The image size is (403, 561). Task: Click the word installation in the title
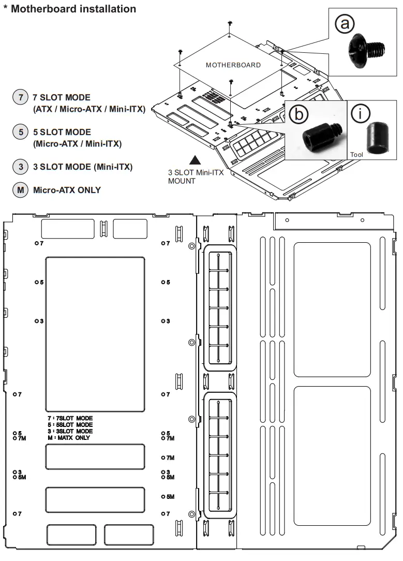[x=106, y=9]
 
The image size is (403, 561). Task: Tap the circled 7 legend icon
[x=21, y=97]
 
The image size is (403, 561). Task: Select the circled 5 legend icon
[x=21, y=132]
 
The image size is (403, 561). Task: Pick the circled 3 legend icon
[x=21, y=167]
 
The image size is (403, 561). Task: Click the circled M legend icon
[x=21, y=190]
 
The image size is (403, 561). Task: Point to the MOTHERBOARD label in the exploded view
[x=233, y=65]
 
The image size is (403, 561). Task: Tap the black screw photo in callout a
[x=367, y=50]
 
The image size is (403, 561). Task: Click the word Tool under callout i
[x=357, y=154]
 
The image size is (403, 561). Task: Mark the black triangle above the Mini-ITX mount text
[x=195, y=160]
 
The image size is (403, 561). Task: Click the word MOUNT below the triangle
[x=182, y=181]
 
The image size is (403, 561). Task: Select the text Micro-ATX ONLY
[x=67, y=190]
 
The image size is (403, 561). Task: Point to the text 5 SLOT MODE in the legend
[x=62, y=132]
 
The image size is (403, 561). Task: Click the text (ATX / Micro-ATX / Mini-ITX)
[x=89, y=109]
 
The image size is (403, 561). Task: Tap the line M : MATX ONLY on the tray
[x=69, y=438]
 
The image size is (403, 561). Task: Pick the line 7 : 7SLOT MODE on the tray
[x=70, y=418]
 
